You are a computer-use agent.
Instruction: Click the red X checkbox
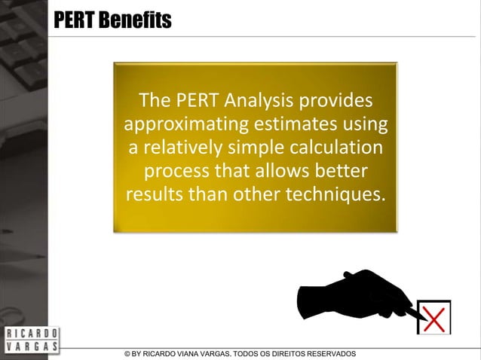pyautogui.click(x=434, y=317)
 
